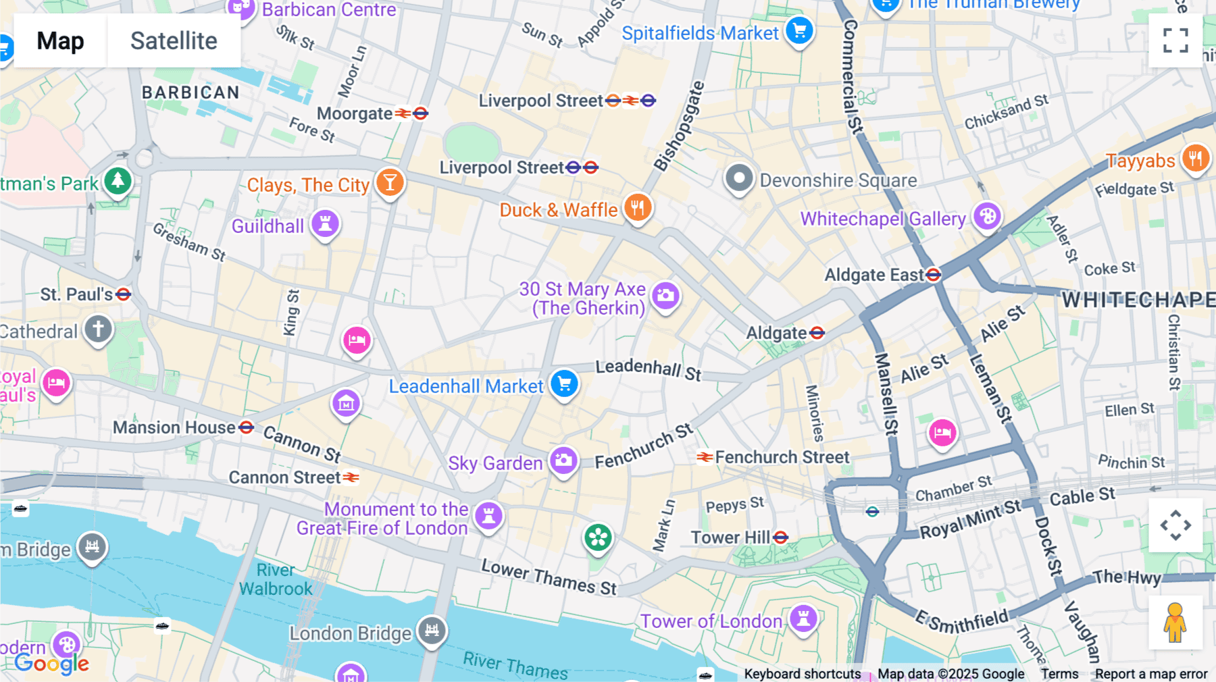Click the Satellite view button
174,41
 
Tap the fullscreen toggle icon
1175,41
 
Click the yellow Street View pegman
1175,623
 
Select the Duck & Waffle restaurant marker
638,207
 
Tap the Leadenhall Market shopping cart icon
564,384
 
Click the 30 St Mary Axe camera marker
665,295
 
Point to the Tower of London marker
803,618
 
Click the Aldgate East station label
874,276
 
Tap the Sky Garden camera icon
563,461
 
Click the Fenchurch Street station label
782,458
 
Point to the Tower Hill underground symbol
781,537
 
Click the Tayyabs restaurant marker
1195,159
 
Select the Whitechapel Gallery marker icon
987,216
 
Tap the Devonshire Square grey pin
739,179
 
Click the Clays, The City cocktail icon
390,182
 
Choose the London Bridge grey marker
432,631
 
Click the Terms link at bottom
1059,674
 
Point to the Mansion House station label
174,428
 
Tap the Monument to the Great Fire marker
488,516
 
